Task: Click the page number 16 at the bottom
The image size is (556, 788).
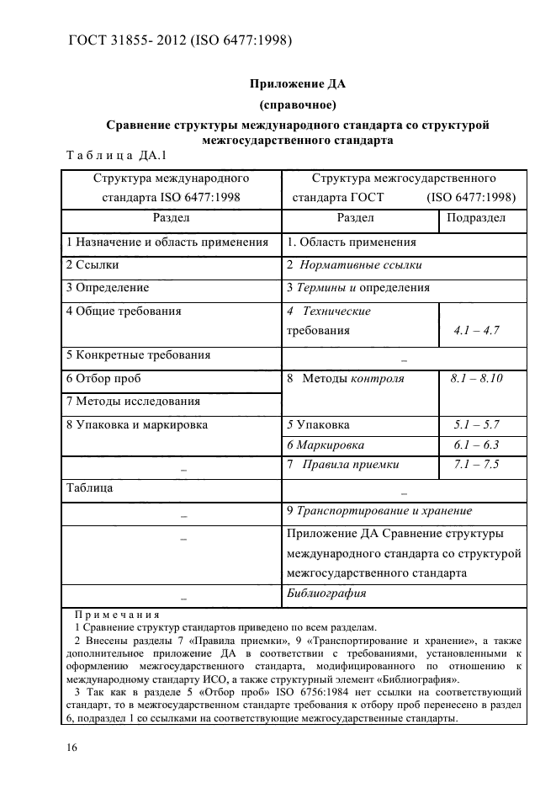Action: pos(71,747)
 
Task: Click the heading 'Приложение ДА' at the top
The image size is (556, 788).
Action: pos(298,83)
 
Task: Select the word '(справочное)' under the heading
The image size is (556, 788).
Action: pos(298,104)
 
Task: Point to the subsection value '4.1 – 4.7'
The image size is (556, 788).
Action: pos(476,331)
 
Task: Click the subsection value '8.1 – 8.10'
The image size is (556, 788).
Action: pos(476,379)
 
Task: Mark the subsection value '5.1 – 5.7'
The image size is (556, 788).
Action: pos(476,425)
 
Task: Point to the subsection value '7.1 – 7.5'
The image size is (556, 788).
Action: pos(476,465)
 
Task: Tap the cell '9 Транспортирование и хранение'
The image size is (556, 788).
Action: pos(379,510)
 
